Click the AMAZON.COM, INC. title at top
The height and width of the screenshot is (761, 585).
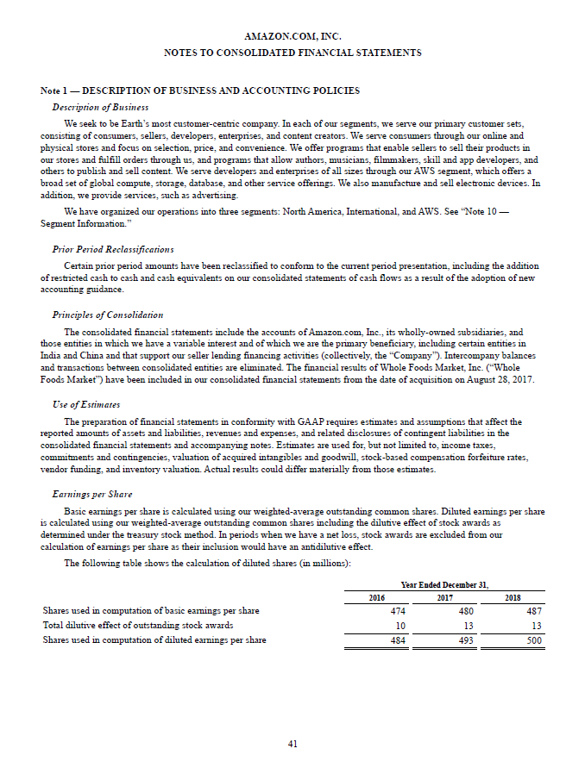click(292, 37)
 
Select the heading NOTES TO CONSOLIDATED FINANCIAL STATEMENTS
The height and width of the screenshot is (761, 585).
click(292, 53)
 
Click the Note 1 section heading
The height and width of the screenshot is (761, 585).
click(200, 91)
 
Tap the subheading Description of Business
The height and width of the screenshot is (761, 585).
click(100, 107)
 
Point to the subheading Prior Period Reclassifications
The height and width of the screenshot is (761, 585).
click(113, 249)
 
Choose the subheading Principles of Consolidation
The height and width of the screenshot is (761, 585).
click(108, 315)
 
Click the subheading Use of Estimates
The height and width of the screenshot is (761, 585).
click(86, 404)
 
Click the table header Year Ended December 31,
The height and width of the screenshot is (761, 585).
click(444, 584)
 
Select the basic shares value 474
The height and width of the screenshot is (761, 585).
click(398, 611)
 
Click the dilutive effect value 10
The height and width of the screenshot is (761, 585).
click(400, 626)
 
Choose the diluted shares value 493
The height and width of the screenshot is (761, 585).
click(468, 640)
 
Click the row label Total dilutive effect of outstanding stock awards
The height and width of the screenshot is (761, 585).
click(137, 626)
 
